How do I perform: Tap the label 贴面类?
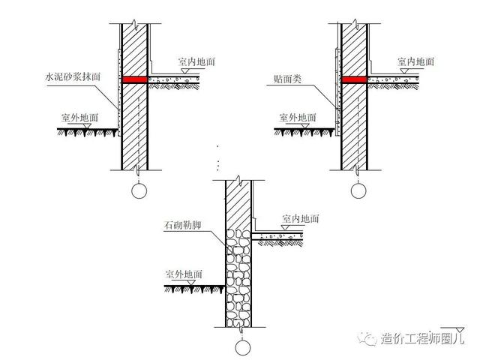(288, 76)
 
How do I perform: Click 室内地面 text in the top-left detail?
(196, 61)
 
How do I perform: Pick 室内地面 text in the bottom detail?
(301, 218)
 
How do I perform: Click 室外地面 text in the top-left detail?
(81, 118)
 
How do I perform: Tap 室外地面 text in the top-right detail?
(298, 118)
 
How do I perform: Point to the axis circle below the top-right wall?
(356, 190)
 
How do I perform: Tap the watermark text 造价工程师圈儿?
(423, 339)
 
